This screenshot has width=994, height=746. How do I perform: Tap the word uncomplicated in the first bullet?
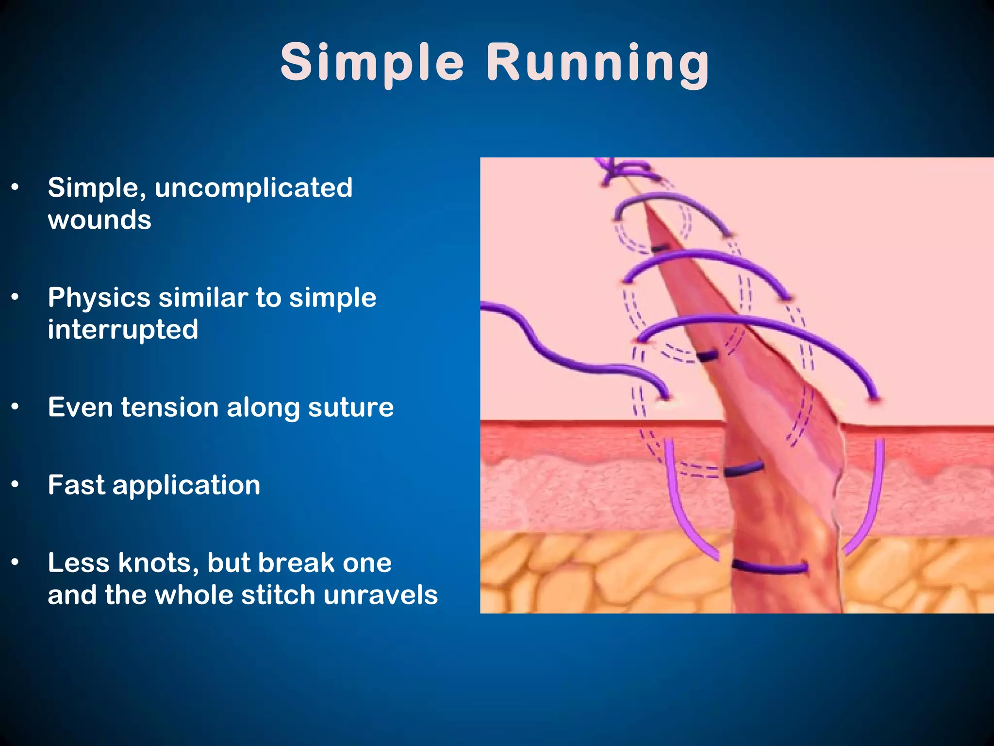click(253, 188)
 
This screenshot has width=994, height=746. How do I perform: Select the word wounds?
click(99, 220)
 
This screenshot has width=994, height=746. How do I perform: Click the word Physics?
click(99, 298)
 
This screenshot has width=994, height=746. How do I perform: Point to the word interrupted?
click(123, 330)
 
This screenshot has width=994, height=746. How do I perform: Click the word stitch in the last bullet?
click(278, 595)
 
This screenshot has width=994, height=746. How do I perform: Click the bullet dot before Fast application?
click(15, 485)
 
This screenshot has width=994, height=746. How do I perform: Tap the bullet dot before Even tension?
click(15, 407)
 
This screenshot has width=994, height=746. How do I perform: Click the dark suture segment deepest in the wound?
click(769, 567)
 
